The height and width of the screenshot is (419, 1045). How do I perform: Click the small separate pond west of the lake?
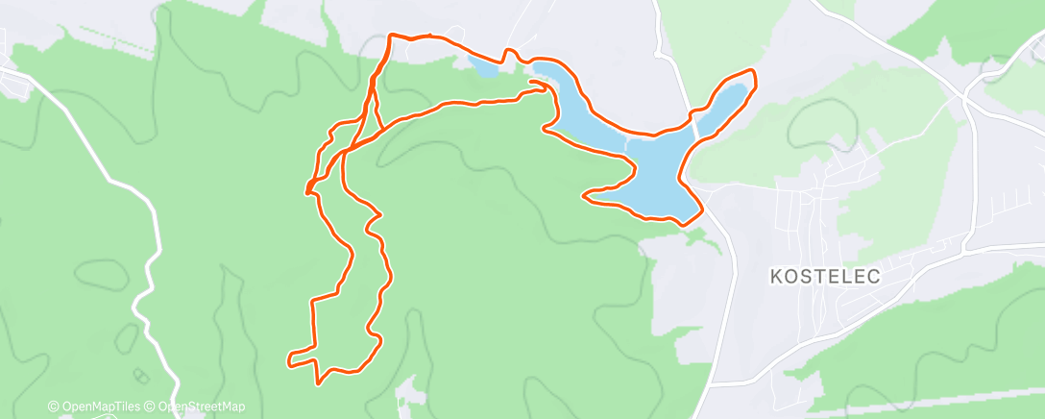(483, 66)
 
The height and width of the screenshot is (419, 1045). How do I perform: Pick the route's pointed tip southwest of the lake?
(585, 196)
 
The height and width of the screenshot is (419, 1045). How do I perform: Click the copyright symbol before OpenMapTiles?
(53, 407)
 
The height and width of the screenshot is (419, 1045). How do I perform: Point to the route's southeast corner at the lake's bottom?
(685, 224)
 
